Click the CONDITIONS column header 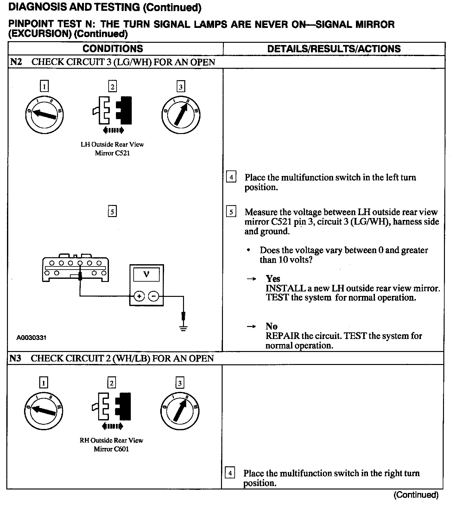point(113,49)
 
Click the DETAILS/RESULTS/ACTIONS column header point(334,49)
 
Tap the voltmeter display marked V point(146,274)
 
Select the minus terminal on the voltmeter point(154,297)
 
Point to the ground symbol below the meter point(183,328)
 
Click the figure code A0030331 point(31,338)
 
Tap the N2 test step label point(16,62)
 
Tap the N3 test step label point(15,358)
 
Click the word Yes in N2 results point(273,279)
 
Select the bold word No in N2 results point(271,326)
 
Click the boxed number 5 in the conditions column point(112,211)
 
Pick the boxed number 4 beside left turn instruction point(231,177)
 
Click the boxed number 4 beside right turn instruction point(230,473)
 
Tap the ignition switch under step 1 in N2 point(44,113)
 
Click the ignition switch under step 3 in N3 point(180,411)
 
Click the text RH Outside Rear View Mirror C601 point(111,444)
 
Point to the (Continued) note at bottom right point(416,495)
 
